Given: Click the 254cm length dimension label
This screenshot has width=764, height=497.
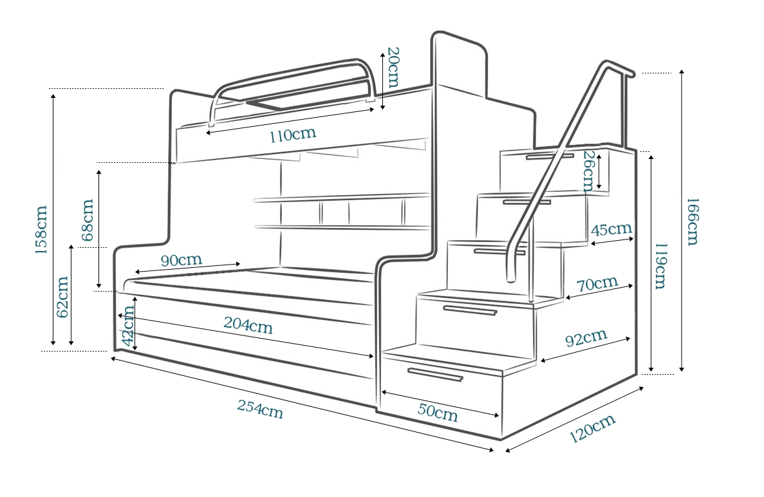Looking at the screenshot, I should click(260, 409).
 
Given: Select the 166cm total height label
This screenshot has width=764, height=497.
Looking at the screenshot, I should click(692, 221).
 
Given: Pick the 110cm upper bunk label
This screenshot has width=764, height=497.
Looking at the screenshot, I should click(293, 136).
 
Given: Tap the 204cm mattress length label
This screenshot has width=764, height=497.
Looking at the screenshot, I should click(248, 325).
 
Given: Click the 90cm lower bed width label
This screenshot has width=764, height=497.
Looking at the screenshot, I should click(181, 260).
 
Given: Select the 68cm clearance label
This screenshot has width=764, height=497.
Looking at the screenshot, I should click(87, 219).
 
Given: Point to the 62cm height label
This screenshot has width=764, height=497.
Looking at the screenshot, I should click(62, 297).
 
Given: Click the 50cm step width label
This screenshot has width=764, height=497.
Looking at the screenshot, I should click(437, 412).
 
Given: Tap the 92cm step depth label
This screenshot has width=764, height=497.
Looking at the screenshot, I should click(585, 338).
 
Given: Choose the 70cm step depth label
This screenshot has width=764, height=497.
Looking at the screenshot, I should click(597, 284).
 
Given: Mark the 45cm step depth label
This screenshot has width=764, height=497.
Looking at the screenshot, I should click(611, 230).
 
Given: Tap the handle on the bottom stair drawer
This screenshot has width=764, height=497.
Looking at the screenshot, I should click(435, 375).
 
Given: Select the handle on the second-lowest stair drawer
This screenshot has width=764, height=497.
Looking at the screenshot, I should click(470, 311).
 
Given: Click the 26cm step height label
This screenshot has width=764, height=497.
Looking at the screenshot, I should click(588, 171).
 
